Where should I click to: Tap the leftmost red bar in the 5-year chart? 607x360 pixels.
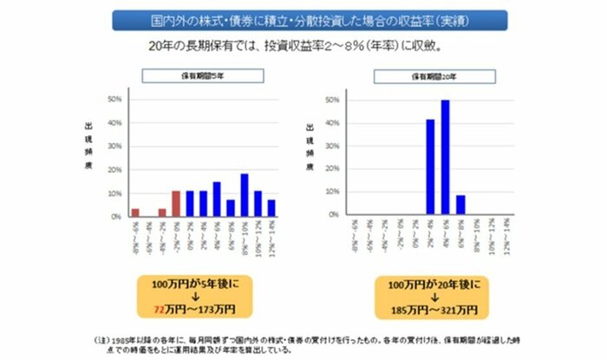(x=135, y=212)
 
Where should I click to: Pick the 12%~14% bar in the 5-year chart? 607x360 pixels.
(x=271, y=207)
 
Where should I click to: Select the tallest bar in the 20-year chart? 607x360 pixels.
(x=445, y=157)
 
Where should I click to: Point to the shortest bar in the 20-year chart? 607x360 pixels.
(x=460, y=205)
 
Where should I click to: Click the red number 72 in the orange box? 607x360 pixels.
(x=158, y=309)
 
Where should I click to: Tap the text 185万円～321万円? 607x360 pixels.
(x=425, y=309)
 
